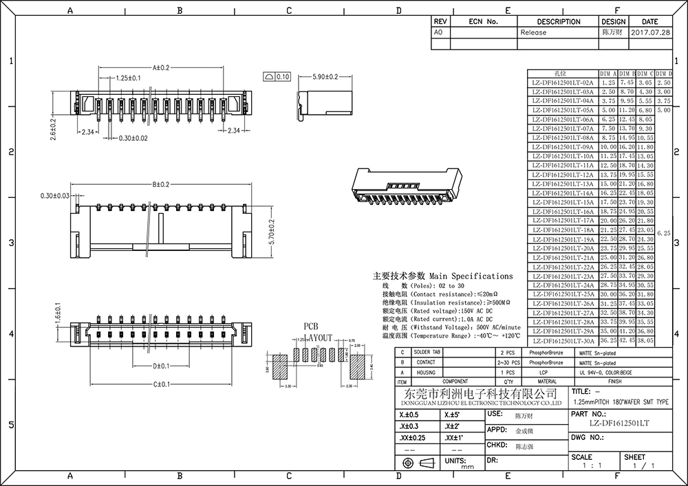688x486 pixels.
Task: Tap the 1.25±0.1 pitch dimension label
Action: pos(128,78)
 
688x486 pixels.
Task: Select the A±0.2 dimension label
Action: pos(161,67)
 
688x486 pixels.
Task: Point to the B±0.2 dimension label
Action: pos(161,184)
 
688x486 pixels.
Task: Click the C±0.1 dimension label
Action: pos(162,384)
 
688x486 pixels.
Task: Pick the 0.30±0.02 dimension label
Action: pos(133,138)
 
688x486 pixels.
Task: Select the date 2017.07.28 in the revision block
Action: pos(649,32)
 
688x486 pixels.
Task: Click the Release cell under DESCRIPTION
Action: pos(533,32)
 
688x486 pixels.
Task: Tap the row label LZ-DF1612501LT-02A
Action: pos(563,82)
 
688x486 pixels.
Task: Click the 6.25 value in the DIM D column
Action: pos(663,233)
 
